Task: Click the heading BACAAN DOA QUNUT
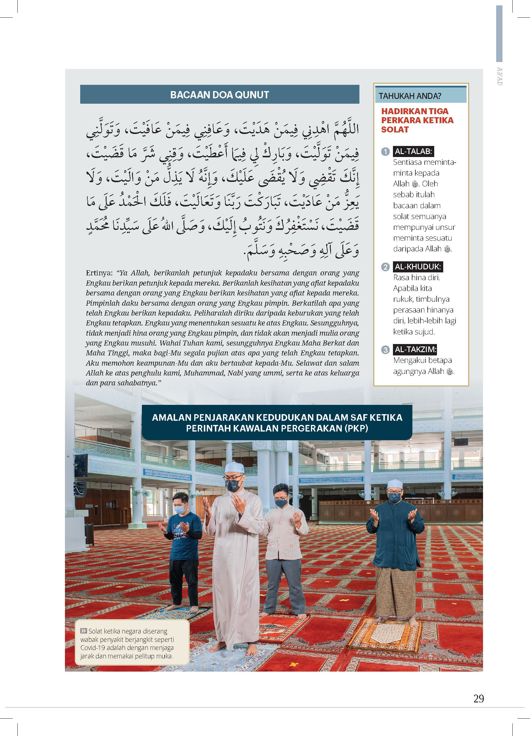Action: (x=219, y=95)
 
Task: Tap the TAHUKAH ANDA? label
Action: (x=410, y=96)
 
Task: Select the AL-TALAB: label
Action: (x=413, y=151)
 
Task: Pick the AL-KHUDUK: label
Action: (x=417, y=267)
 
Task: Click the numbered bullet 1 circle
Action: (x=385, y=152)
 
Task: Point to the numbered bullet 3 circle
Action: (x=385, y=350)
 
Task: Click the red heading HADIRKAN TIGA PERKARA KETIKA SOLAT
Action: (x=417, y=120)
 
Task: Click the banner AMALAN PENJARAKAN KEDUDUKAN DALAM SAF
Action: (x=277, y=423)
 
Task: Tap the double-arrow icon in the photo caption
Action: (x=83, y=631)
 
